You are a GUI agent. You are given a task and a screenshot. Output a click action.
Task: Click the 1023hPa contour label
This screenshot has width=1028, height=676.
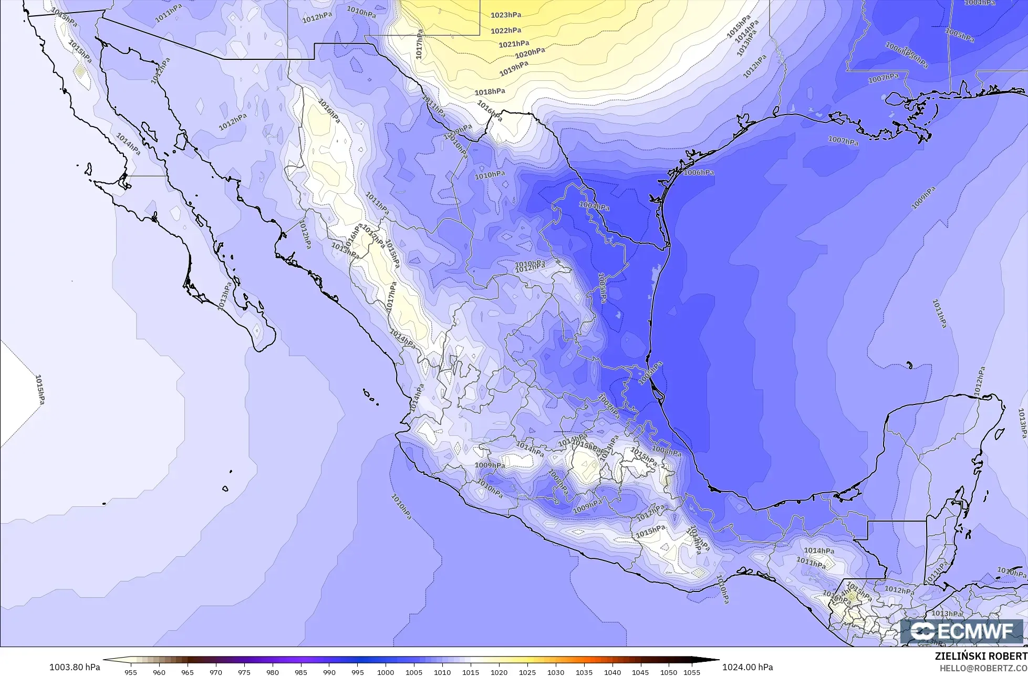click(x=505, y=15)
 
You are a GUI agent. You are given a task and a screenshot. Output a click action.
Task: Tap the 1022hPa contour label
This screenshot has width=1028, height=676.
click(x=506, y=30)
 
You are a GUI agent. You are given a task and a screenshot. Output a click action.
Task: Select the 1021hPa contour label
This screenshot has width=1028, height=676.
click(x=514, y=44)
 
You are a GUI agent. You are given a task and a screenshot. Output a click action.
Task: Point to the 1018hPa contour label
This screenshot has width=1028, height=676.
click(x=490, y=92)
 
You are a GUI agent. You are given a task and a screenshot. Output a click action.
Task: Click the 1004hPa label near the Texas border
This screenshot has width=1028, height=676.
click(x=594, y=206)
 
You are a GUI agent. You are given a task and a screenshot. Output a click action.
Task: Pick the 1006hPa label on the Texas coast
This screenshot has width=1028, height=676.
click(x=699, y=172)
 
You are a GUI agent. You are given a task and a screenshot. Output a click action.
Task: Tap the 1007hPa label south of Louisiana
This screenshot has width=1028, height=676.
click(x=843, y=140)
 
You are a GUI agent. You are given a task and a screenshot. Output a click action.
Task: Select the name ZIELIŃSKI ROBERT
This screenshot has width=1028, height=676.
click(x=981, y=657)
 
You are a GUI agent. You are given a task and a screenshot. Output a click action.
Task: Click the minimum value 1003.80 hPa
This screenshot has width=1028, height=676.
click(x=75, y=667)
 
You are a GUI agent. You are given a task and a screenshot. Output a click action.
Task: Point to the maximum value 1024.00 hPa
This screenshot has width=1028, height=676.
click(x=747, y=667)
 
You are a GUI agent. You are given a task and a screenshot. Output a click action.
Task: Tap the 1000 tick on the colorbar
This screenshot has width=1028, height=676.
click(x=386, y=672)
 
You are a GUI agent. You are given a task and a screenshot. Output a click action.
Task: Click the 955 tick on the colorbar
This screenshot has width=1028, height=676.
click(x=131, y=672)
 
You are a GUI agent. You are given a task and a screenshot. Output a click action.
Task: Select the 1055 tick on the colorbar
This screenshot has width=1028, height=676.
click(x=692, y=672)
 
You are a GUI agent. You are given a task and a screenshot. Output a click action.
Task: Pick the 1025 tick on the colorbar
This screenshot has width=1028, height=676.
click(x=527, y=672)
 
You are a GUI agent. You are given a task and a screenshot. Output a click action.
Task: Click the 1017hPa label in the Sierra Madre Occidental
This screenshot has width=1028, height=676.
click(x=391, y=298)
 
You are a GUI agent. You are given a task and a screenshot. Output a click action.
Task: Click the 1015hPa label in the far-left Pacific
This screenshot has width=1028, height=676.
click(x=39, y=389)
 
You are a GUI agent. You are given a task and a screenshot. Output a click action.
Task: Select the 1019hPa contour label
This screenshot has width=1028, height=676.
click(x=513, y=68)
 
